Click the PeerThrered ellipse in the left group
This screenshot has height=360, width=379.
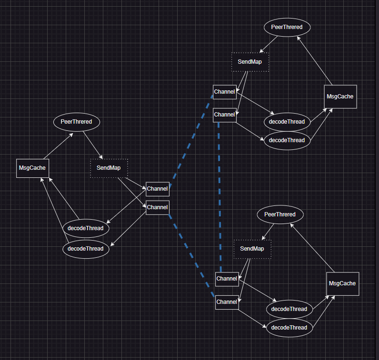click(76, 122)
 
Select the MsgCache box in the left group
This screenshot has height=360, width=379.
click(32, 168)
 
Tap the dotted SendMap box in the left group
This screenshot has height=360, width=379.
click(109, 168)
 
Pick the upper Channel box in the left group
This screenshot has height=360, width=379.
click(157, 189)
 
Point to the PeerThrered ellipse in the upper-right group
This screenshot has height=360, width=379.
click(287, 27)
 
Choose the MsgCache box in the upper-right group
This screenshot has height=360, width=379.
click(340, 97)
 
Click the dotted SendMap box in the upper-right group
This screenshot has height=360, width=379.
click(250, 62)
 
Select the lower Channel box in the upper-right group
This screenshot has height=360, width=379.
click(224, 115)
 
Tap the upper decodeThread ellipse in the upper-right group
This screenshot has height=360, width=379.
click(287, 122)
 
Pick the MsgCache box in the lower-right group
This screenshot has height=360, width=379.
click(342, 283)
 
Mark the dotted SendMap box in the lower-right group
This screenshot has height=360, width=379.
click(252, 249)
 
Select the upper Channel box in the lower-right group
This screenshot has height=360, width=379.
click(227, 279)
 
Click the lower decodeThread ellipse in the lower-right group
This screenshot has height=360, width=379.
click(289, 328)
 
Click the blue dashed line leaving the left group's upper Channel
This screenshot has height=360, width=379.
click(190, 143)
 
